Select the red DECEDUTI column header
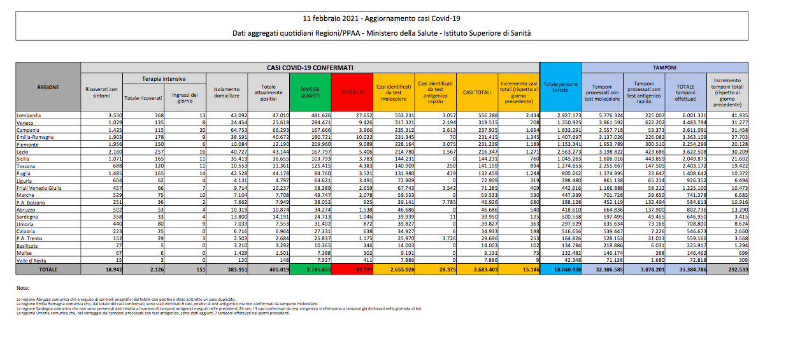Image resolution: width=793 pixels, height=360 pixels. point(352,92)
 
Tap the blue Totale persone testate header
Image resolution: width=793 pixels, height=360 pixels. point(561,87)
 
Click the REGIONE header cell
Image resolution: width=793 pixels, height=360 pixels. point(48,87)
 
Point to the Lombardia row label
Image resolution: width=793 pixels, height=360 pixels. point(29,115)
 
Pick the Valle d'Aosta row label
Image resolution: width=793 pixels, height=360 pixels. point(32,260)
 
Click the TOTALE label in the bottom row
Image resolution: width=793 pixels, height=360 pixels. point(48,270)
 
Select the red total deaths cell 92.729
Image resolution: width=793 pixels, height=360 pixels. point(352,270)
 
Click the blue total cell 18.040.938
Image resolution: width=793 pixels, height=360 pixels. point(561,270)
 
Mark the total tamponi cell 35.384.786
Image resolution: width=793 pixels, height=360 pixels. point(685,270)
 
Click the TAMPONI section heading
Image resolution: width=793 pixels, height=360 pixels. point(665,66)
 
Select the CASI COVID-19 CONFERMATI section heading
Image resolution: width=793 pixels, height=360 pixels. point(310,66)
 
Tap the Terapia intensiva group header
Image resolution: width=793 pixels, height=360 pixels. point(164,79)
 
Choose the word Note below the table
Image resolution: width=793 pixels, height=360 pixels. point(23,289)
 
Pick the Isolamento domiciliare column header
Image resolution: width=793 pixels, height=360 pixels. point(227,92)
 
